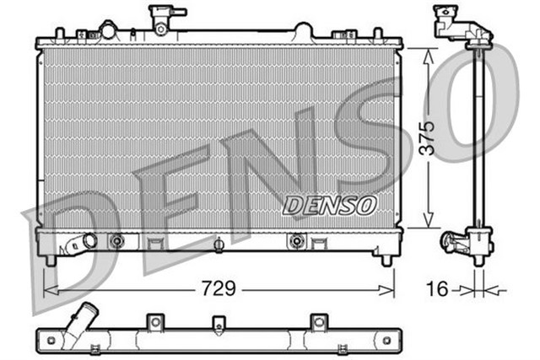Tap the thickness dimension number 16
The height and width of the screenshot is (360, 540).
coord(435,289)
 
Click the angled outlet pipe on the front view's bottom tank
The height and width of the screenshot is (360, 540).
coord(77,244)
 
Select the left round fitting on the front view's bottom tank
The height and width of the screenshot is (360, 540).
coord(117,241)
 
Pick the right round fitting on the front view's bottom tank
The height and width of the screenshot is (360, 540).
coord(295,241)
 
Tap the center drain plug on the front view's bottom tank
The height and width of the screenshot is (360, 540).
coord(219,244)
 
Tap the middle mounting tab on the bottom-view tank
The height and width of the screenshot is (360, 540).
coord(219,323)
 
